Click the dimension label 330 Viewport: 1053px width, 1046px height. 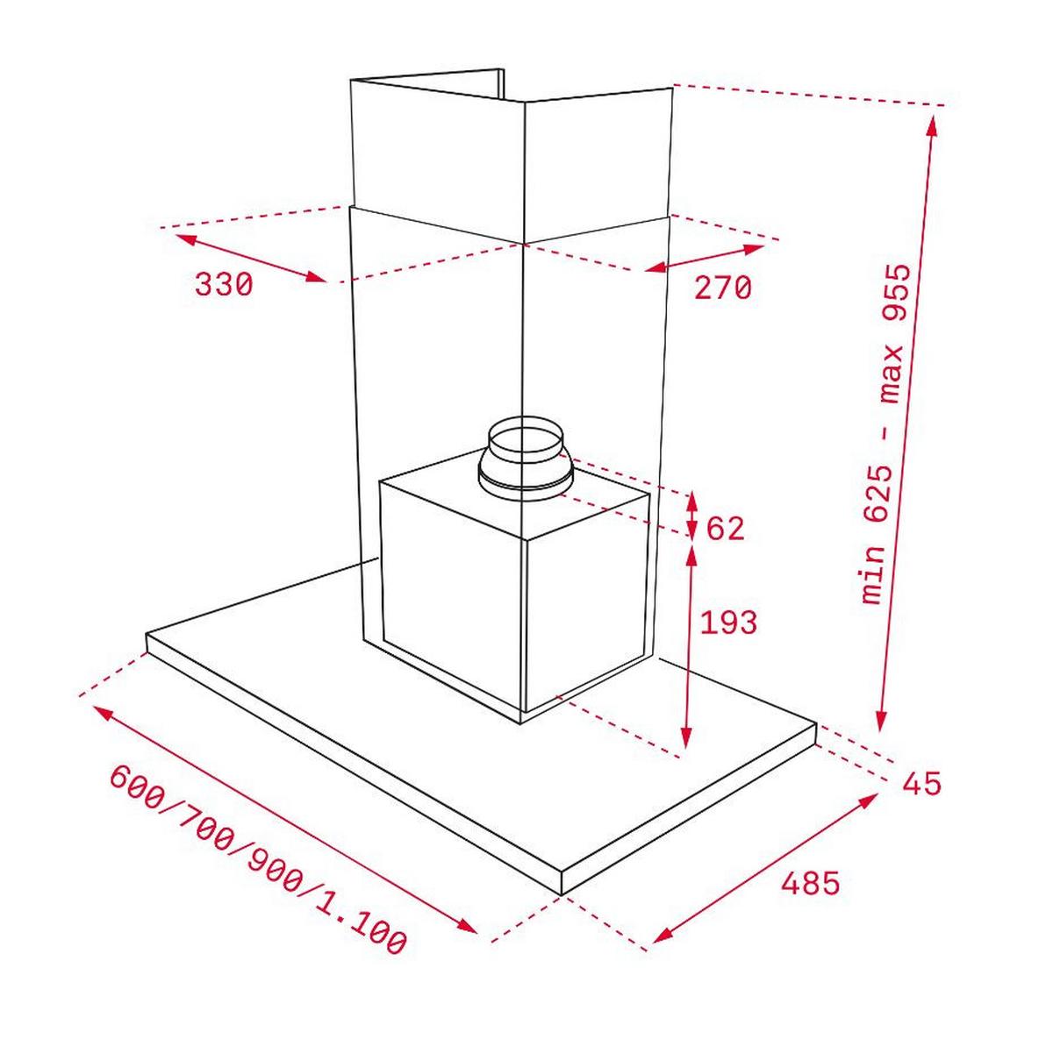click(224, 285)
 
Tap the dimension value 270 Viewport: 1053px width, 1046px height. click(723, 288)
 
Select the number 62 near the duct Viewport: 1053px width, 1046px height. click(725, 529)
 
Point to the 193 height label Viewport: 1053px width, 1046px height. click(727, 623)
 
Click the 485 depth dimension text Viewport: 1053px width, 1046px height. click(809, 882)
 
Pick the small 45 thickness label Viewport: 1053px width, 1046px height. click(921, 782)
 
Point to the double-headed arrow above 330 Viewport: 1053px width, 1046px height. click(250, 256)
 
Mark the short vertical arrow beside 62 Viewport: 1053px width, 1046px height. click(692, 516)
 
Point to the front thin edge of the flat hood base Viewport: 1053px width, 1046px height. click(351, 763)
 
